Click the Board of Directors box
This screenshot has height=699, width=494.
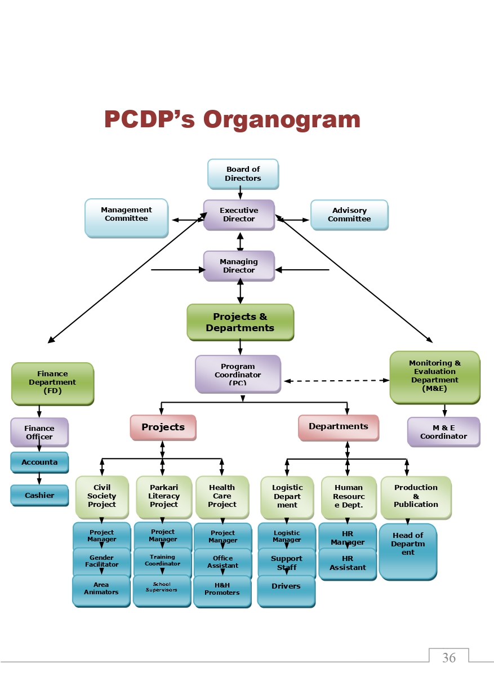[243, 173]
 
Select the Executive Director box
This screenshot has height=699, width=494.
[239, 215]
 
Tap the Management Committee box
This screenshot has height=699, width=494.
[126, 217]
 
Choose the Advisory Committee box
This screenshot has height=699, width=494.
[349, 215]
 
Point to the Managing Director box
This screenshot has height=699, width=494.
[239, 266]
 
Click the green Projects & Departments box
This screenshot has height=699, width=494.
[240, 322]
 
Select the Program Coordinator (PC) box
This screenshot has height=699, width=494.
[238, 374]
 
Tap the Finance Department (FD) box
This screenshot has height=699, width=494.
[52, 383]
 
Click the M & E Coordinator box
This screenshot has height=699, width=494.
[443, 432]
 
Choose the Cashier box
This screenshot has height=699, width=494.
[39, 495]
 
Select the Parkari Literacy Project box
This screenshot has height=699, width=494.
[164, 496]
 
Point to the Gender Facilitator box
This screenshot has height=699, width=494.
[101, 562]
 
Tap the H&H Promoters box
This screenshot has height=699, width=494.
[222, 590]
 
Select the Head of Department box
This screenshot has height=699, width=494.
[408, 550]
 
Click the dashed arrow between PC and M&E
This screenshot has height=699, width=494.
[336, 381]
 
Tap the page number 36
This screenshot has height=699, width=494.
[449, 657]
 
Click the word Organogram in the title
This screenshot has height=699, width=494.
[282, 119]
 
